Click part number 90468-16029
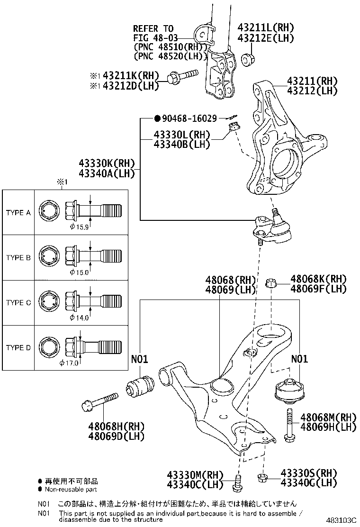pos(189,118)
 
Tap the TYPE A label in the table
pos(18,212)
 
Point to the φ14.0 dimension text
pos(79,318)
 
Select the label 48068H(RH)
pos(116,427)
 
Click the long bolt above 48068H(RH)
pos(100,402)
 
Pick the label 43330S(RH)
pos(309,473)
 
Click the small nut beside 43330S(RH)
pos(262,478)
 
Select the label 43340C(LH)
pos(195,484)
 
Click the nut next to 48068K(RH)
pos(271,283)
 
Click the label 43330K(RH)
pos(107,164)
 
